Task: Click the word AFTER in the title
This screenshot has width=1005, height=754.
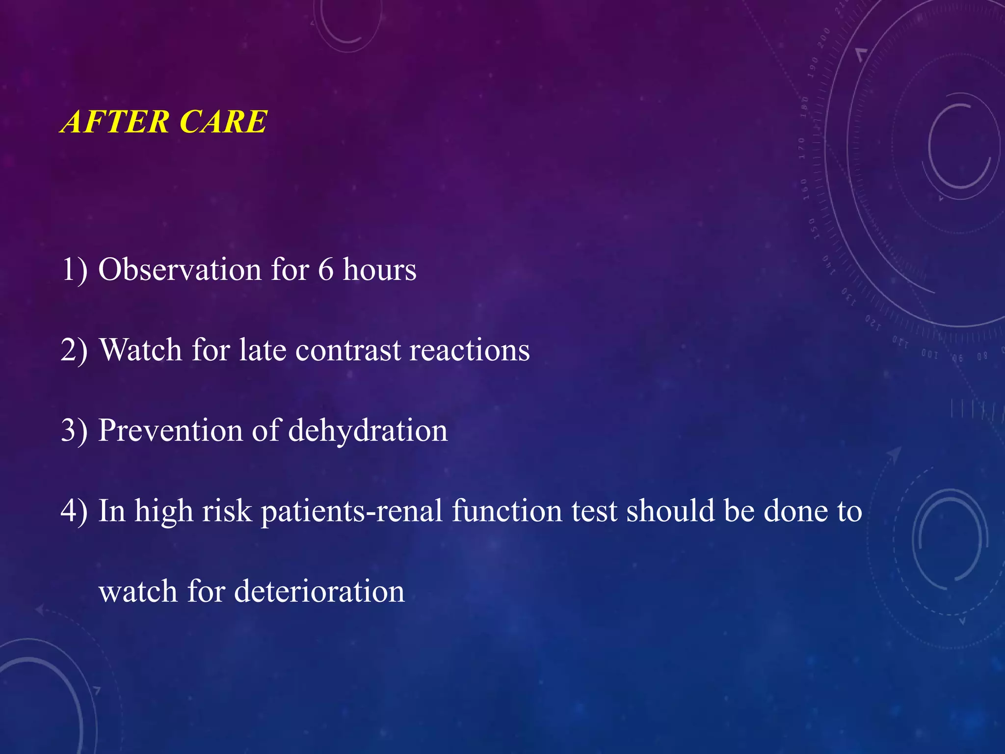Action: pos(115,121)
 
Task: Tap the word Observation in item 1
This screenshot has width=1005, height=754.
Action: pos(180,269)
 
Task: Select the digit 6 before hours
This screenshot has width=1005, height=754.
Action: pos(325,270)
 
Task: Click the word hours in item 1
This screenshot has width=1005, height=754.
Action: pos(379,269)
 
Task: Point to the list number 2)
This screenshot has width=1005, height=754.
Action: pos(74,350)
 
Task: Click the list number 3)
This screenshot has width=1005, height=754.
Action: pos(74,431)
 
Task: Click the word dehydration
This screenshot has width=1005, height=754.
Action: pos(368,431)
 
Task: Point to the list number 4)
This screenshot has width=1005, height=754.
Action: pos(74,511)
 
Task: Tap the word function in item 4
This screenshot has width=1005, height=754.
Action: pos(506,511)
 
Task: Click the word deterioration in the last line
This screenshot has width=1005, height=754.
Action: pos(319,592)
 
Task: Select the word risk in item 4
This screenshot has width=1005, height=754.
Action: pos(227,511)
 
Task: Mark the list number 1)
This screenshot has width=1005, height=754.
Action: pos(74,270)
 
